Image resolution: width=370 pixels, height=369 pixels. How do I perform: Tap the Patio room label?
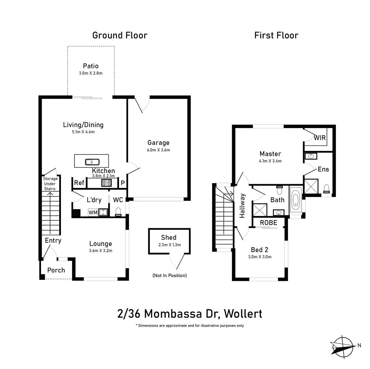pyautogui.click(x=91, y=66)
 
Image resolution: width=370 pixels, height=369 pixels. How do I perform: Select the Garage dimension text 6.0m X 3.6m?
pyautogui.click(x=158, y=150)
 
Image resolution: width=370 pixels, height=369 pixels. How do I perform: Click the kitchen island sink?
pyautogui.click(x=92, y=162)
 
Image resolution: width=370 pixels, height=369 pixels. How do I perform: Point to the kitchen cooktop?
pyautogui.click(x=107, y=183)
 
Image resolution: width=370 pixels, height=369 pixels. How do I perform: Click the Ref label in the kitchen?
pyautogui.click(x=79, y=183)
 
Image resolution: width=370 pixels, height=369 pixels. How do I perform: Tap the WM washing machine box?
pyautogui.click(x=93, y=213)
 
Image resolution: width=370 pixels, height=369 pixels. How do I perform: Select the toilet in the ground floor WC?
pyautogui.click(x=119, y=212)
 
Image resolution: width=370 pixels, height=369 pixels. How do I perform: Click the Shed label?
pyautogui.click(x=169, y=237)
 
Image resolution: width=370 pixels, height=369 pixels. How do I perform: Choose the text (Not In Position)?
pyautogui.click(x=170, y=275)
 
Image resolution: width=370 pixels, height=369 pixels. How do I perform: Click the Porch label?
pyautogui.click(x=56, y=270)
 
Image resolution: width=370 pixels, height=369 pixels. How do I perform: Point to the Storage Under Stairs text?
pyautogui.click(x=50, y=184)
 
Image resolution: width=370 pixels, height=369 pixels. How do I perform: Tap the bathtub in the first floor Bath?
pyautogui.click(x=295, y=202)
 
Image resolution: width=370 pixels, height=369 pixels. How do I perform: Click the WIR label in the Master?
pyautogui.click(x=320, y=138)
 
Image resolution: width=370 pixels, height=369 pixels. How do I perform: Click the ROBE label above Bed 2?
pyautogui.click(x=268, y=222)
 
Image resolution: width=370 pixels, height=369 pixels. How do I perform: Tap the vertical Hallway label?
pyautogui.click(x=242, y=206)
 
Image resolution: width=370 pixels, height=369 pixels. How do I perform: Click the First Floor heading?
pyautogui.click(x=276, y=36)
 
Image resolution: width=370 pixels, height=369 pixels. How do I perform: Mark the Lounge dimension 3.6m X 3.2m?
pyautogui.click(x=101, y=250)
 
